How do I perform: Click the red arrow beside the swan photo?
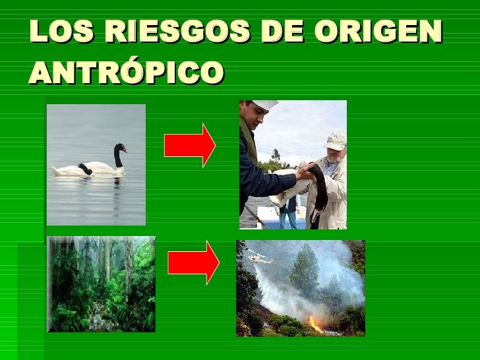click(189, 145)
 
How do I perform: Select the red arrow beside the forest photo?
click(193, 262)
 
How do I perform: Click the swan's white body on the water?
click(92, 168)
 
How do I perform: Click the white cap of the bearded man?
click(336, 138)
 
